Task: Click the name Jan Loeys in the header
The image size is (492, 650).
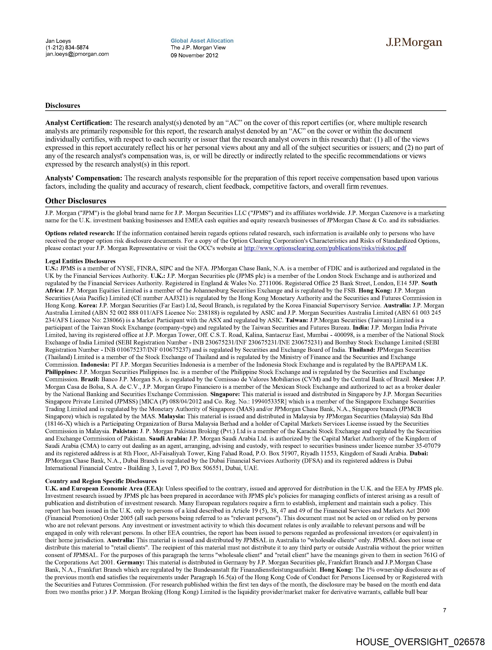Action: click(x=58, y=41)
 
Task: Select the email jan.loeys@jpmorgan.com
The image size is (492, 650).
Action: click(x=77, y=54)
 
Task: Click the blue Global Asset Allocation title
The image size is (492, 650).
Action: click(x=202, y=41)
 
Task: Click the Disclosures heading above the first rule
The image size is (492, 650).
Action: click(x=63, y=106)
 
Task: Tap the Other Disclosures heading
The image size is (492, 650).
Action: click(x=75, y=201)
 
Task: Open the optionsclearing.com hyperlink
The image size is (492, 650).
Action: click(x=325, y=248)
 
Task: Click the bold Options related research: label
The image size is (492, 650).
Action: click(x=80, y=233)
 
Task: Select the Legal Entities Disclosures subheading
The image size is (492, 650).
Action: click(x=80, y=261)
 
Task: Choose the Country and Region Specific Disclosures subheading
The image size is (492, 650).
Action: click(x=101, y=481)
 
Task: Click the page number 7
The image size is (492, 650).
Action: click(x=444, y=610)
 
